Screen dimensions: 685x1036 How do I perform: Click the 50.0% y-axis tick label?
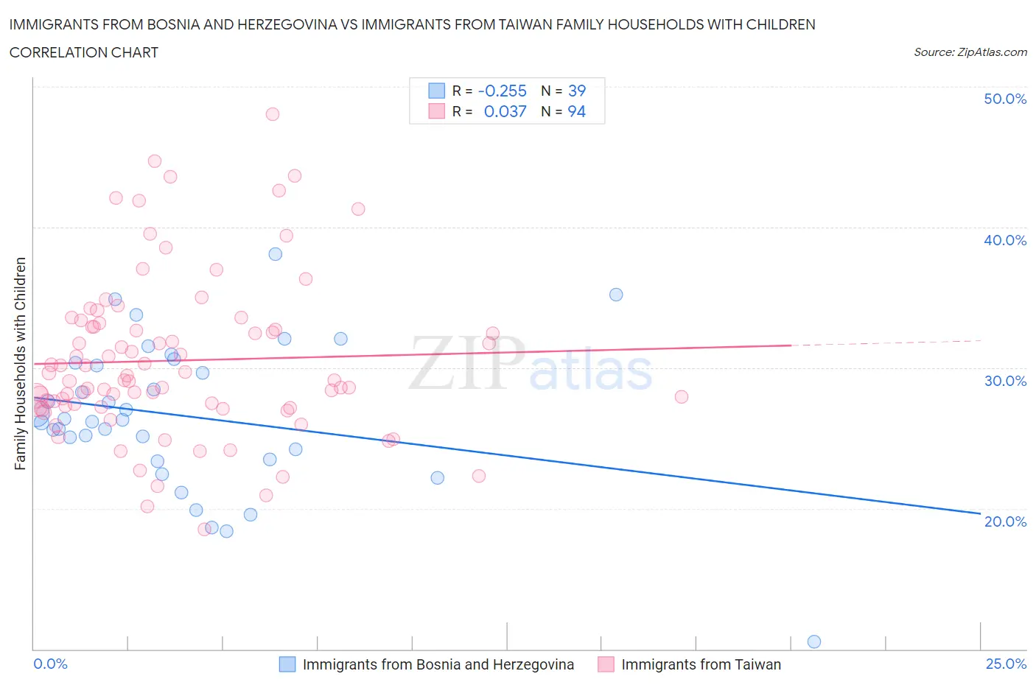[1004, 99]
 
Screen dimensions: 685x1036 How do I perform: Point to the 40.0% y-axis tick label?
[1004, 240]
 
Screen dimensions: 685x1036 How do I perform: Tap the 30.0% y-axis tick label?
[1004, 381]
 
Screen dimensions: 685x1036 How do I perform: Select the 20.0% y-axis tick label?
[1004, 521]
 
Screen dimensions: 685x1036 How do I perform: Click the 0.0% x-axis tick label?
[50, 664]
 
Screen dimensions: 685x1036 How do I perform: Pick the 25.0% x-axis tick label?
[1006, 664]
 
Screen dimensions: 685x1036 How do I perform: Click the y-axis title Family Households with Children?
[21, 363]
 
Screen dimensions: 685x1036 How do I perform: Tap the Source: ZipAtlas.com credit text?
[970, 52]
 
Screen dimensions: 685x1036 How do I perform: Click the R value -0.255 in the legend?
[502, 91]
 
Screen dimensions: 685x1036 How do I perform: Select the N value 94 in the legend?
[576, 111]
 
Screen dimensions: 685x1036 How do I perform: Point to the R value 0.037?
[505, 111]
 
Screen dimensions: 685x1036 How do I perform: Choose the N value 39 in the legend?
[576, 91]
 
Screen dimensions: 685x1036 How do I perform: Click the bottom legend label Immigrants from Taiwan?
[701, 664]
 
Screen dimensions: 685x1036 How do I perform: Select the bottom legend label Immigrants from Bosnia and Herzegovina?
[438, 664]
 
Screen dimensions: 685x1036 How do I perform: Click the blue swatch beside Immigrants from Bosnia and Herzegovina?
[287, 664]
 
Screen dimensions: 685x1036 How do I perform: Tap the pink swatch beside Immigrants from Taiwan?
[606, 664]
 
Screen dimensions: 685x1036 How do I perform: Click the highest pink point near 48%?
[272, 114]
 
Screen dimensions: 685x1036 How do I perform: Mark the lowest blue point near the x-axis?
[814, 642]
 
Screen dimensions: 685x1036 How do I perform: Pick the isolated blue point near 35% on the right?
[616, 295]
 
